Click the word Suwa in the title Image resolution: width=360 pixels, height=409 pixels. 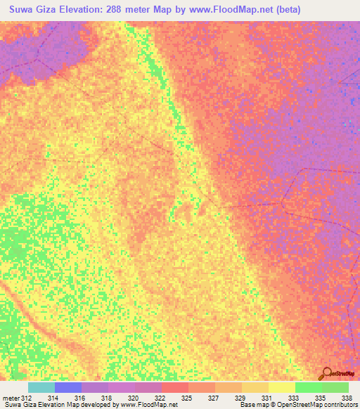tap(21, 9)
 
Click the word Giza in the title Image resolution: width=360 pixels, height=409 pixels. tap(51, 9)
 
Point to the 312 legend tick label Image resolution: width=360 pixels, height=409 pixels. tap(27, 398)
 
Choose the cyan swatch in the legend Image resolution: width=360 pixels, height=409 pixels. tap(41, 387)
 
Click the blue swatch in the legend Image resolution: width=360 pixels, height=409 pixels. tap(68, 387)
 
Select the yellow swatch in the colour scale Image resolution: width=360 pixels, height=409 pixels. tap(281, 387)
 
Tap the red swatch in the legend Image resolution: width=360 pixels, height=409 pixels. tap(176, 387)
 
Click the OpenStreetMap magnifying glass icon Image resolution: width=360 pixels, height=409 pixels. tap(326, 372)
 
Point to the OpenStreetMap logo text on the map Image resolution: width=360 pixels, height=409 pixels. tap(342, 374)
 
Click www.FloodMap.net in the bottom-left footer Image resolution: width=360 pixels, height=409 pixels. tap(148, 405)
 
